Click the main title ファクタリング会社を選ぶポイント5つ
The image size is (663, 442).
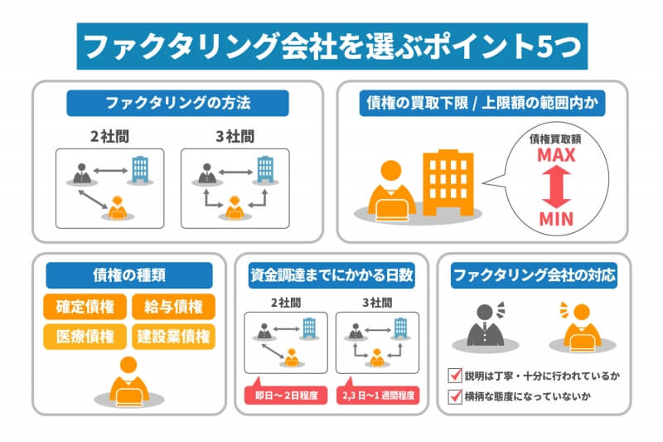pyautogui.click(x=332, y=46)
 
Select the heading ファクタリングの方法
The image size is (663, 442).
pyautogui.click(x=177, y=103)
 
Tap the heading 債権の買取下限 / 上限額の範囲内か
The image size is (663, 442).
pyautogui.click(x=482, y=103)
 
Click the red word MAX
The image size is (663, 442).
pyautogui.click(x=556, y=155)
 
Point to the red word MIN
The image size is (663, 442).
pyautogui.click(x=556, y=219)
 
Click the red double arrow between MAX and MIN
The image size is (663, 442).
pyautogui.click(x=556, y=187)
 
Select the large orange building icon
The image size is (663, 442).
pyautogui.click(x=448, y=182)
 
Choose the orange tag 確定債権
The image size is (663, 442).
pyautogui.click(x=85, y=307)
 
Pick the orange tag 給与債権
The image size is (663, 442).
pyautogui.click(x=173, y=307)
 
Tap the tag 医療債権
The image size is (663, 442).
pyautogui.click(x=85, y=337)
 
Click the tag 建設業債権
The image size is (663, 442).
pyautogui.click(x=173, y=337)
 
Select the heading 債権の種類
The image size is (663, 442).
pyautogui.click(x=129, y=275)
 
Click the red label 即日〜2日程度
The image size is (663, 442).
pyautogui.click(x=286, y=395)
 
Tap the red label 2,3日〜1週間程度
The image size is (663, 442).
pyautogui.click(x=378, y=395)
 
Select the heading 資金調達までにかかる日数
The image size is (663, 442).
pyautogui.click(x=331, y=275)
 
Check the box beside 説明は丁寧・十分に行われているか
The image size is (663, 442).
pyautogui.click(x=455, y=375)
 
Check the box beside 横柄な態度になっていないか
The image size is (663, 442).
pyautogui.click(x=455, y=396)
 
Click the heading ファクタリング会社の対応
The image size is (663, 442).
pyautogui.click(x=534, y=275)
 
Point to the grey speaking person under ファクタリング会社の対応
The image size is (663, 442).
pyautogui.click(x=486, y=325)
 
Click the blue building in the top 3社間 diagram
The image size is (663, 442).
pyautogui.click(x=265, y=169)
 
